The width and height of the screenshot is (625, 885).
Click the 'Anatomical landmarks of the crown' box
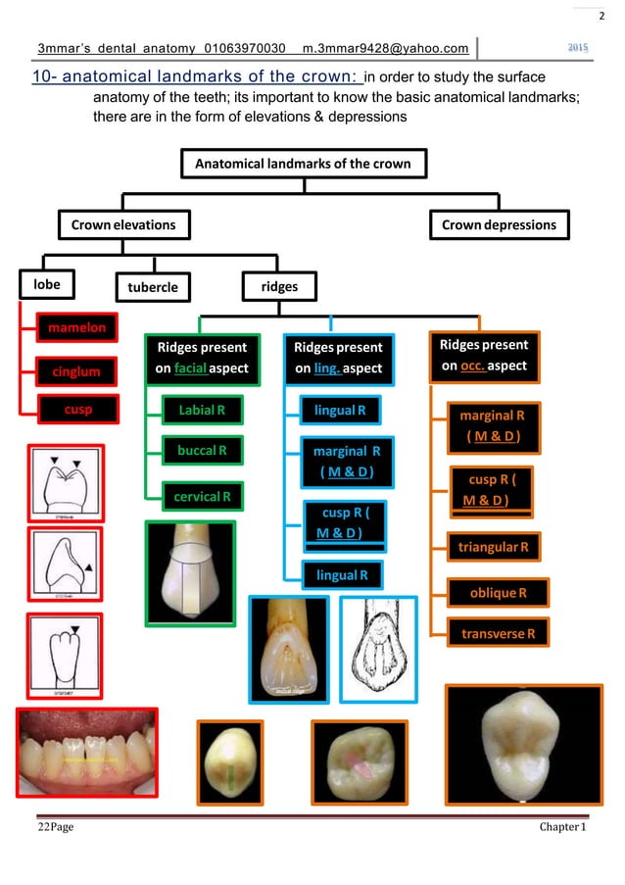[303, 163]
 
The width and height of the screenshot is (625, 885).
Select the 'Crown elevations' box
[123, 224]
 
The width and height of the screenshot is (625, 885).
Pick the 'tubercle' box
[153, 287]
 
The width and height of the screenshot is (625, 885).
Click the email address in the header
[386, 49]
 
